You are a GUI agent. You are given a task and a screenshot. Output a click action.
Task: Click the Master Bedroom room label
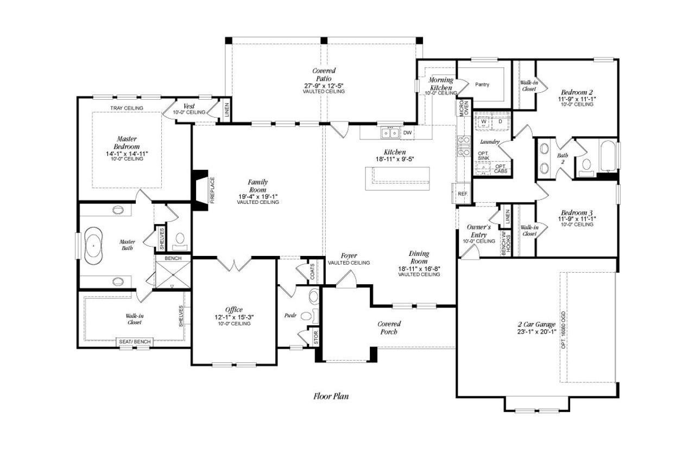[x=127, y=143]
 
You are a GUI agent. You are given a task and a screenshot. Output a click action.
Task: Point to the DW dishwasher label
[x=407, y=132]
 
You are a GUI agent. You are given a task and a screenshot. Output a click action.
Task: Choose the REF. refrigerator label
[x=463, y=193]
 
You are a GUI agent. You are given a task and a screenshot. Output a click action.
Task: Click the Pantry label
[x=482, y=85]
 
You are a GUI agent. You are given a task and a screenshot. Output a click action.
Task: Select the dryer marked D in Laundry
[x=500, y=122]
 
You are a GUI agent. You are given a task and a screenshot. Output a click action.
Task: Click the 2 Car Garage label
[x=536, y=325]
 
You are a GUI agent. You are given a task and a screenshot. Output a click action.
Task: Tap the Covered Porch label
[x=389, y=328]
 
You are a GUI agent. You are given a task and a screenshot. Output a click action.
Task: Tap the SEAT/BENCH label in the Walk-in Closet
[x=135, y=342]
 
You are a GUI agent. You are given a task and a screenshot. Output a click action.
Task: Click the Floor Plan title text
[x=331, y=396]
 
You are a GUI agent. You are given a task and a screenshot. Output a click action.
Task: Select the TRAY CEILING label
[x=127, y=108]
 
